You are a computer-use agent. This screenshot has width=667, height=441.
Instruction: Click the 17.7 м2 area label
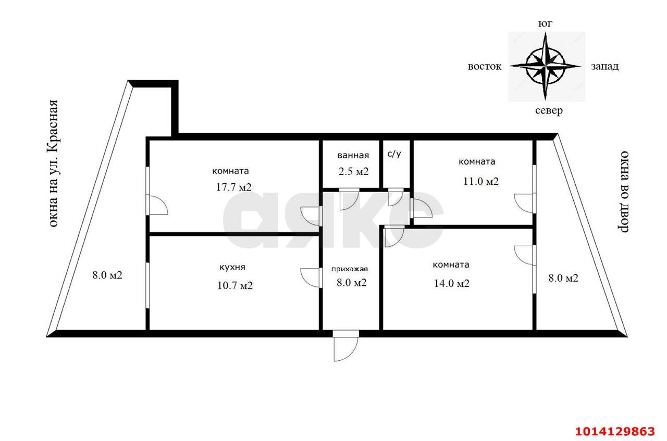234,187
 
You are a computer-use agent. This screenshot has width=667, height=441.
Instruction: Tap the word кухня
232,267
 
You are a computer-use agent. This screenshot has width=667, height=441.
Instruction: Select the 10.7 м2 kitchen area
235,285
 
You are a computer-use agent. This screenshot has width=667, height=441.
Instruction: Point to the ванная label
353,155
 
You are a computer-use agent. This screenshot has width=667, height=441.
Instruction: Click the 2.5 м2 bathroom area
353,171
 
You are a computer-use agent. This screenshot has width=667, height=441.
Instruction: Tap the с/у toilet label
394,154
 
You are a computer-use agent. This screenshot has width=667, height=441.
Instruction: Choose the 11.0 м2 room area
480,181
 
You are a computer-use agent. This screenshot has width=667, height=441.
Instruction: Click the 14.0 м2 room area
452,283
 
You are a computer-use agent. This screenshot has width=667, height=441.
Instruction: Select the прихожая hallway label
350,269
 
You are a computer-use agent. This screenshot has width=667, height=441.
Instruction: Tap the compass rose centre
545,66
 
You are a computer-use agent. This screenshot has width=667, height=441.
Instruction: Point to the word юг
545,23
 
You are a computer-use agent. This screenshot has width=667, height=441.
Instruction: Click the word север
549,111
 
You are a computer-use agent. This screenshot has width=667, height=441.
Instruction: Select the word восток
485,66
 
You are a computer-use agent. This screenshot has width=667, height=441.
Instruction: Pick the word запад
605,66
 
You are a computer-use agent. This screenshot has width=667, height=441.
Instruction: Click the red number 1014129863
615,431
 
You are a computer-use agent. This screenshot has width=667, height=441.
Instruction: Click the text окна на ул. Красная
53,163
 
